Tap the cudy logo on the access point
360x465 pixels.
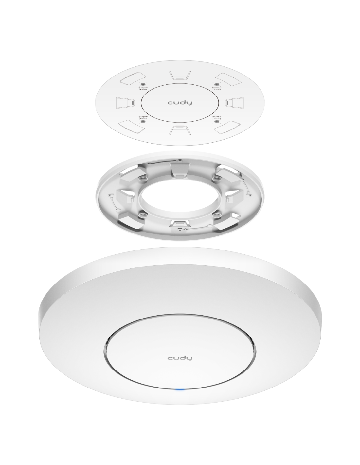[180, 358]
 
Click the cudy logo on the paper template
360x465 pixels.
[180, 103]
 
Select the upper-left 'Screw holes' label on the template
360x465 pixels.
[143, 88]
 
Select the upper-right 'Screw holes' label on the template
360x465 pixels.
[217, 88]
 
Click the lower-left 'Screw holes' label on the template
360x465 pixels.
[143, 117]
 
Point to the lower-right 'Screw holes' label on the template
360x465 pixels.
[217, 117]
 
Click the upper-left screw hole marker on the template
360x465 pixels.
[143, 84]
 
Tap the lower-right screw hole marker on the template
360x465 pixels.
[217, 122]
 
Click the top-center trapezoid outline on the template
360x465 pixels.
[179, 75]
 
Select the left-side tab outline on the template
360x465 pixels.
[125, 103]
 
